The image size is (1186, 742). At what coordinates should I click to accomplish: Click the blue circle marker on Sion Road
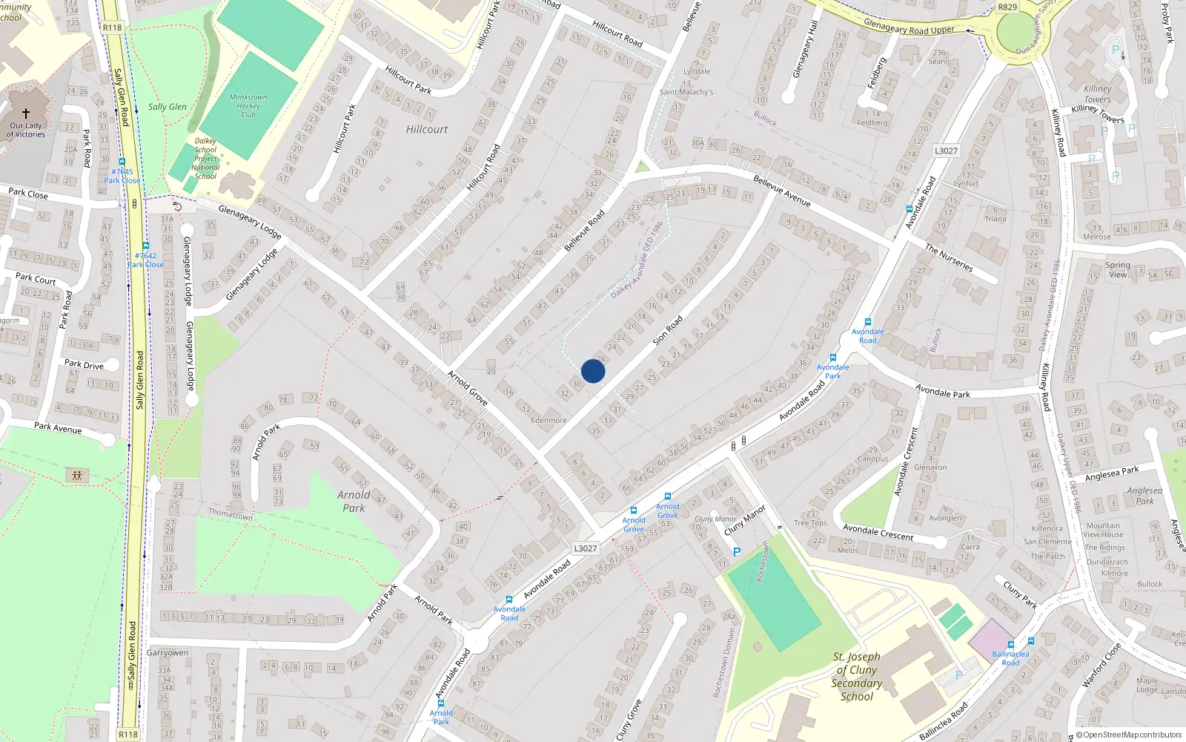[x=593, y=371]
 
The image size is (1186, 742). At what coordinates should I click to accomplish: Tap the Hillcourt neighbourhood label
[x=427, y=129]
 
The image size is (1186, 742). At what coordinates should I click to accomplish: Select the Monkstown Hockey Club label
[x=248, y=106]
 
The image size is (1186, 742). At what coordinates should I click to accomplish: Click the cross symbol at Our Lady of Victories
[x=26, y=114]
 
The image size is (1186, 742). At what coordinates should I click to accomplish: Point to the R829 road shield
[x=1007, y=7]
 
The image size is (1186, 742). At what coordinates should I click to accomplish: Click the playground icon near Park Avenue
[x=77, y=475]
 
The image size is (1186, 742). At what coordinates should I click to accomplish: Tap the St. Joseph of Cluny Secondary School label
[x=857, y=676]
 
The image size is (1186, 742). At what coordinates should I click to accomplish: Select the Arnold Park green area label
[x=354, y=502]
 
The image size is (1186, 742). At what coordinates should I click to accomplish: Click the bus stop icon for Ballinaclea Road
[x=1010, y=645]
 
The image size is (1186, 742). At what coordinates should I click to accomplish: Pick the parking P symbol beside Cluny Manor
[x=736, y=552]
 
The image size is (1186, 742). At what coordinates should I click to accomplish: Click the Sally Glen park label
[x=168, y=107]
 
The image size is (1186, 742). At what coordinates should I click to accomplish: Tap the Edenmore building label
[x=549, y=420]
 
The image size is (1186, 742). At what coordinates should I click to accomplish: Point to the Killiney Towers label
[x=1098, y=93]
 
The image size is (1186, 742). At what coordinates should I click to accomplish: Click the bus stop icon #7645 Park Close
[x=122, y=162]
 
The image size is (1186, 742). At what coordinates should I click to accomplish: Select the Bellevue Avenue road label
[x=781, y=191]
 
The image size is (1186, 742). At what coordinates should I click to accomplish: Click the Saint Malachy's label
[x=686, y=92]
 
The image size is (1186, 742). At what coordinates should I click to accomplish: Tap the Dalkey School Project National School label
[x=205, y=158]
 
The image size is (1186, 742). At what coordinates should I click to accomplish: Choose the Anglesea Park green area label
[x=1144, y=496]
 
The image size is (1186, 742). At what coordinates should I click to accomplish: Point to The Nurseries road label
[x=949, y=257]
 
